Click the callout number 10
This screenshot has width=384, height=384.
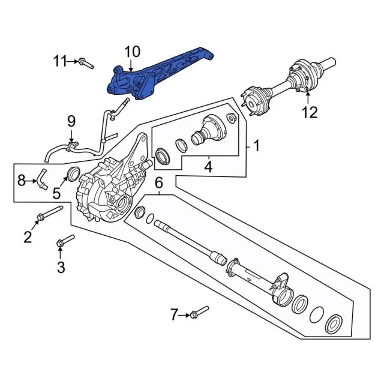point(131,52)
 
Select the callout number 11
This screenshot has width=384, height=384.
point(61,61)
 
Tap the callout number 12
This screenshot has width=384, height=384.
point(309,112)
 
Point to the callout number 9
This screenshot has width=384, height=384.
point(70,122)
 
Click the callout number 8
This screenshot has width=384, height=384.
point(21,179)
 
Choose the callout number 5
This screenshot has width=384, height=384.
point(56,193)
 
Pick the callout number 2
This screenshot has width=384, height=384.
point(28,237)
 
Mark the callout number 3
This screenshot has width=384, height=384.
point(61,267)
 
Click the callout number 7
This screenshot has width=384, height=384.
point(175,314)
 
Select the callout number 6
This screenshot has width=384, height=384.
point(159,183)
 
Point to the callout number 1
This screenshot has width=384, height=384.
point(256,145)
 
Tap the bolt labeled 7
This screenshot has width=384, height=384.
point(197,313)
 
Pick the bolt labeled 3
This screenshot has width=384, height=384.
point(64,241)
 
